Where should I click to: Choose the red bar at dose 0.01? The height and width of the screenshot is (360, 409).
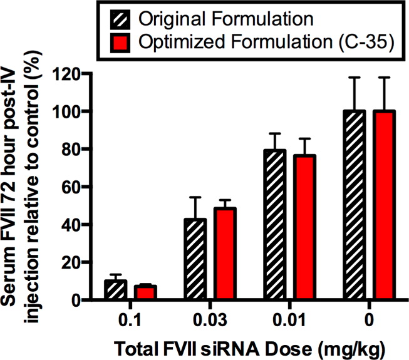(x=304, y=227)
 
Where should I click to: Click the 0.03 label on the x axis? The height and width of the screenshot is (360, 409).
(x=209, y=320)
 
